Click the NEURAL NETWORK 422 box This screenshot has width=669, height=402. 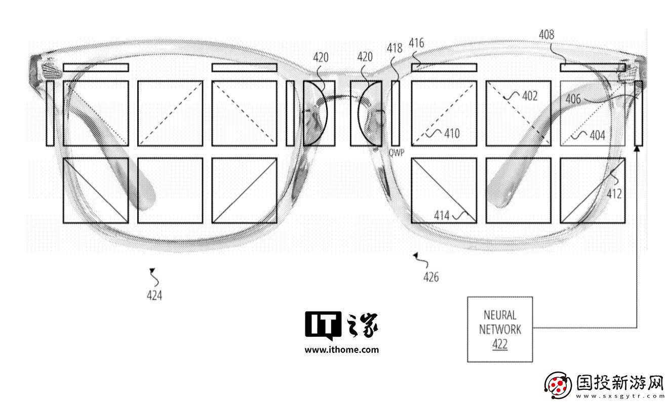click(500, 329)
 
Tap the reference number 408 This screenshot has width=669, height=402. click(546, 34)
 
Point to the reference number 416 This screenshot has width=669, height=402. click(416, 43)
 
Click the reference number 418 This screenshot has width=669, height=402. click(395, 48)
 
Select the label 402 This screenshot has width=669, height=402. click(530, 96)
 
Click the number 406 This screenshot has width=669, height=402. click(573, 99)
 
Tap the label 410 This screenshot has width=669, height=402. click(452, 134)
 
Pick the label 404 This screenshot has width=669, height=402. click(597, 135)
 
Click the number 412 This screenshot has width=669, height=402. click(614, 194)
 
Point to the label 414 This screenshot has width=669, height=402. click(442, 215)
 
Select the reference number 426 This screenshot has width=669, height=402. click(431, 277)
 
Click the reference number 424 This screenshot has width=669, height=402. click(154, 295)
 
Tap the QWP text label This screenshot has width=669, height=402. click(397, 153)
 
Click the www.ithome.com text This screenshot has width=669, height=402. click(342, 350)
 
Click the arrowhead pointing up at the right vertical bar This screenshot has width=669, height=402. click(637, 148)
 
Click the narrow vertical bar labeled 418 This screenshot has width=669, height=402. click(396, 113)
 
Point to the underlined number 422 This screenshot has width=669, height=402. click(500, 344)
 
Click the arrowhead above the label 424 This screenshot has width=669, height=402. click(152, 270)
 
